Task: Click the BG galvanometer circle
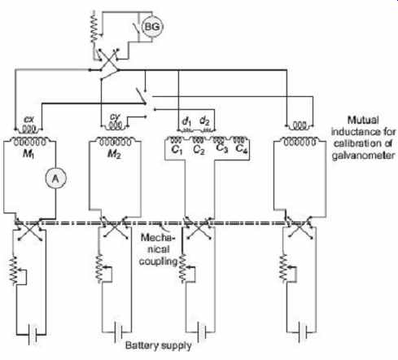click(153, 27)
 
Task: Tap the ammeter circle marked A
click(55, 178)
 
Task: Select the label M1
click(28, 155)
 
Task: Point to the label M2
click(114, 155)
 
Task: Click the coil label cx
click(28, 120)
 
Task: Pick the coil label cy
click(115, 117)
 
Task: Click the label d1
click(186, 121)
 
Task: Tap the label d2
click(204, 121)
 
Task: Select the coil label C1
click(177, 150)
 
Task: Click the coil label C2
click(199, 150)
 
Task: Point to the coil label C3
click(221, 148)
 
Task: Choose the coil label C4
click(242, 149)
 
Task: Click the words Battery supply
click(159, 346)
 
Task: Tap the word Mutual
click(363, 120)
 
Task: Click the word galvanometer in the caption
click(363, 156)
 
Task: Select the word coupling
click(158, 261)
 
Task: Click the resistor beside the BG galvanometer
click(94, 27)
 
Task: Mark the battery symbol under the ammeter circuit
click(33, 335)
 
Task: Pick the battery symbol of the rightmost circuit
click(301, 332)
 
